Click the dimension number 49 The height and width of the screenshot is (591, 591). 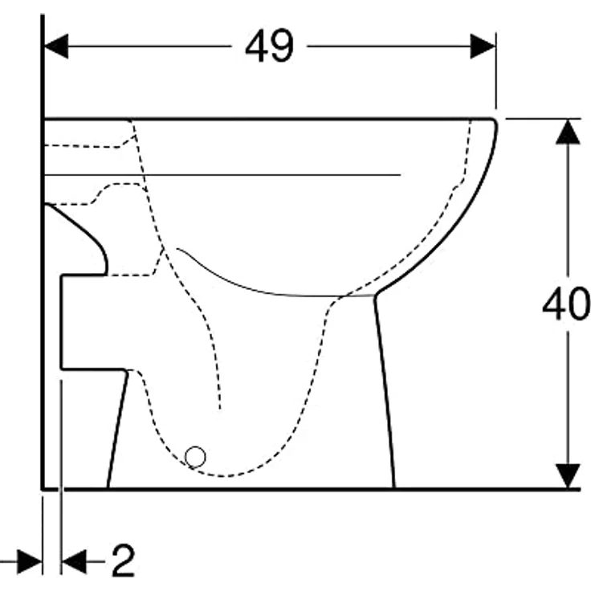click(x=270, y=47)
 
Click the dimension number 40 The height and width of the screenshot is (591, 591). click(x=565, y=305)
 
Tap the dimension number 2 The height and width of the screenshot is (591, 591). click(x=122, y=561)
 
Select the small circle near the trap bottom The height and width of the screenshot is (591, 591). click(x=195, y=458)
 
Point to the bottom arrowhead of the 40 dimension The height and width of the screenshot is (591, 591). click(x=568, y=475)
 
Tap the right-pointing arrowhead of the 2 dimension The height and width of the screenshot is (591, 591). click(x=30, y=562)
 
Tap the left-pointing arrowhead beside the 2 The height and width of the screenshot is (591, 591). click(x=74, y=562)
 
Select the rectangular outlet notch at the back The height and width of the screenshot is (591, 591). click(x=84, y=321)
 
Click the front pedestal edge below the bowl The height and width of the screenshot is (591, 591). click(x=385, y=393)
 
